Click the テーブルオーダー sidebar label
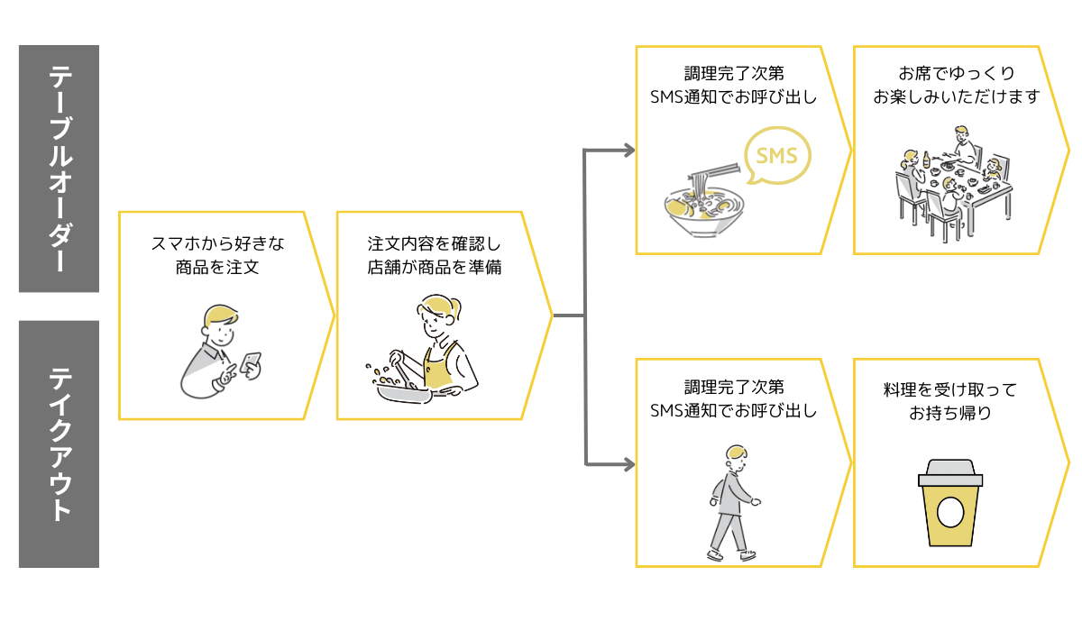(x=59, y=169)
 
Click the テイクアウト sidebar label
(x=59, y=444)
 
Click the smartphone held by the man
(x=251, y=361)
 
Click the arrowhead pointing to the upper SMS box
(x=628, y=150)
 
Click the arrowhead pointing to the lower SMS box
(x=628, y=464)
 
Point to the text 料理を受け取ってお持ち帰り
(x=949, y=402)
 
